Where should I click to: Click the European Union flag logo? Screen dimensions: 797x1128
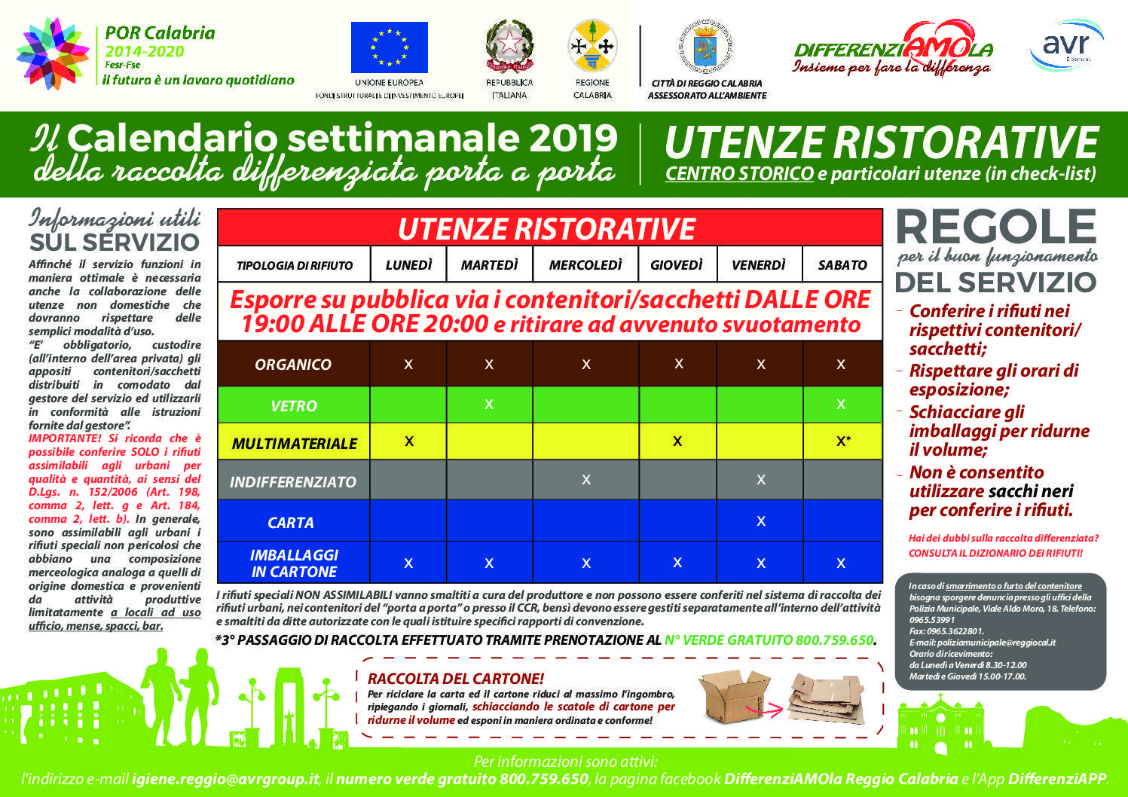(x=389, y=47)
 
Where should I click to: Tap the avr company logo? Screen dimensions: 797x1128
(x=1065, y=44)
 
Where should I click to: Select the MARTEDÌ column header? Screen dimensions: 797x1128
(x=489, y=265)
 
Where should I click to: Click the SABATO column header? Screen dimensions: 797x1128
(x=842, y=265)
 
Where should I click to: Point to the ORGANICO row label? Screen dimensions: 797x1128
(x=293, y=365)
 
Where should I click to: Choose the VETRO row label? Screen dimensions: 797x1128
(x=293, y=406)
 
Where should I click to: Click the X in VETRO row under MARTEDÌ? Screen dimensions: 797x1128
(x=489, y=405)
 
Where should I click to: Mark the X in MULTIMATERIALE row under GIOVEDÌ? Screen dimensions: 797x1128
(x=677, y=441)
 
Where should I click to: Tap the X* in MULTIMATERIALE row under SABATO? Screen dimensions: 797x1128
(x=843, y=441)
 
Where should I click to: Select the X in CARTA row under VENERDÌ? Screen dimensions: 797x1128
(x=760, y=521)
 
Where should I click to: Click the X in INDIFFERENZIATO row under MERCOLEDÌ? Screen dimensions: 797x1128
(x=586, y=479)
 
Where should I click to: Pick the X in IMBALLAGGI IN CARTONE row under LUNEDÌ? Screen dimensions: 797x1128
(x=408, y=563)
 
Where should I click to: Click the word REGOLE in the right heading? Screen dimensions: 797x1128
(x=995, y=227)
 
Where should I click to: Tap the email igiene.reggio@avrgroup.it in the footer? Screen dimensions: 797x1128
(x=226, y=779)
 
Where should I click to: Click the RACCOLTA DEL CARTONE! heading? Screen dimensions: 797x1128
(x=456, y=679)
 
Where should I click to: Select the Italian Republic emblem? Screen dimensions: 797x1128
(x=509, y=46)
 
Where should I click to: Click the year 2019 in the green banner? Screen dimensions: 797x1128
(x=573, y=139)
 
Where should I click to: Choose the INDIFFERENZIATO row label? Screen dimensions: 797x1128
(x=293, y=482)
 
